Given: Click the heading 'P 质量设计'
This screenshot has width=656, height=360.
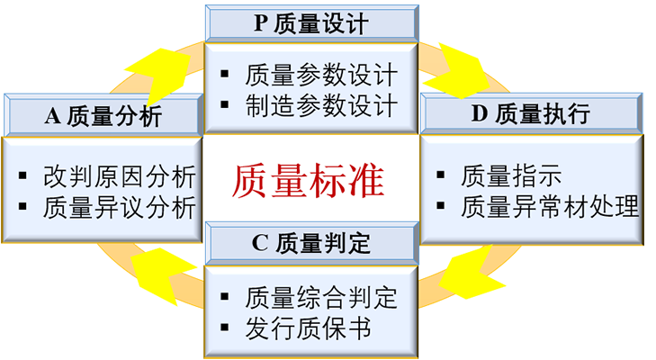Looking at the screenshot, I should tap(310, 23).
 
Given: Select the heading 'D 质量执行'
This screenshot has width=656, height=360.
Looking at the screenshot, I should tap(530, 113).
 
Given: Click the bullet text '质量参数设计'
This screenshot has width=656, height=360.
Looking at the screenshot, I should tap(320, 76).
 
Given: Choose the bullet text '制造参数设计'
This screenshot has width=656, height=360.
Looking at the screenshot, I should tap(320, 107).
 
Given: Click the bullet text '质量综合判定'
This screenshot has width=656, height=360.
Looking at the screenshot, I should tap(320, 297).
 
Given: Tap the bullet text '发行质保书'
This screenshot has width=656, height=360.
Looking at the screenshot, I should tap(307, 328).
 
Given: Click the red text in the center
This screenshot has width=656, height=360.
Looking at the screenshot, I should tap(310, 175).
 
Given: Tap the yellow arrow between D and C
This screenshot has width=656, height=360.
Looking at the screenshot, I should tap(468, 288).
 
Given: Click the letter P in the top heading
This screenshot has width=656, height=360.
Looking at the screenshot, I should tap(260, 23).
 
